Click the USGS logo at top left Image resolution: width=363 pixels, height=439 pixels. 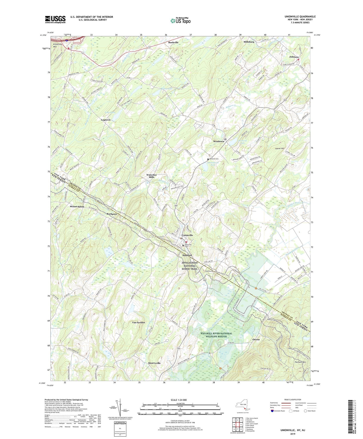pos(55,19)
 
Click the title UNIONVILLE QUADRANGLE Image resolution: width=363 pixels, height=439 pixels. pos(300,17)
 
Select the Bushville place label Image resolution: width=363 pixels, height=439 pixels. pos(173,42)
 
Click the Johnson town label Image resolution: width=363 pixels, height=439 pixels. pos(294,57)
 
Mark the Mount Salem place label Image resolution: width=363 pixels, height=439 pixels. pos(77,206)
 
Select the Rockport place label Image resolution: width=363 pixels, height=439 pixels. pos(112,214)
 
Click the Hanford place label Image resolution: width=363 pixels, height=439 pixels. pos(187,255)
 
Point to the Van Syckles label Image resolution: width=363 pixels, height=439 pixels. pos(138,322)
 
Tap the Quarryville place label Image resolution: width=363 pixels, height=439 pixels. pos(154,363)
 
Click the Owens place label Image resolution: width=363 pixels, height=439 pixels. pos(256,339)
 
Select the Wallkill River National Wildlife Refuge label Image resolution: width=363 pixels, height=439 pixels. pos(216,335)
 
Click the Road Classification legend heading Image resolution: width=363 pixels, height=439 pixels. pos(293,400)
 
